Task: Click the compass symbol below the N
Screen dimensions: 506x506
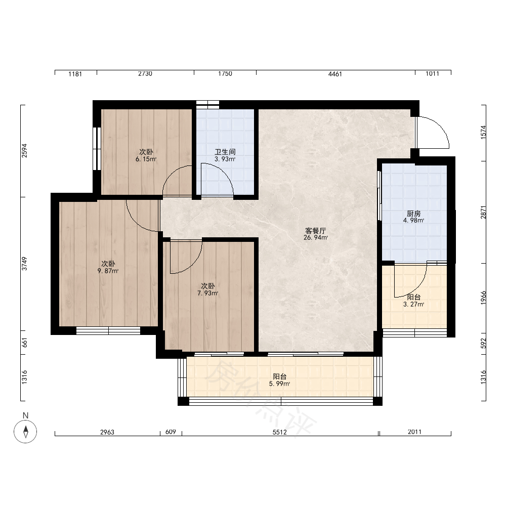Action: click(25, 432)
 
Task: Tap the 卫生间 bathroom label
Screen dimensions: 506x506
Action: click(225, 152)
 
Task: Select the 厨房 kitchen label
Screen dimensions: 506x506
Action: click(413, 214)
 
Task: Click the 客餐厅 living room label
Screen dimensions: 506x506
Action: click(316, 231)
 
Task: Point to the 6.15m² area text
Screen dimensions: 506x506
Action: click(146, 159)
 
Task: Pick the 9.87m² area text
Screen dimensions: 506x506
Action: click(108, 271)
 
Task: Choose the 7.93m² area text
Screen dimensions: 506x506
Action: click(208, 293)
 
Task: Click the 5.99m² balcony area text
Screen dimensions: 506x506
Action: click(279, 384)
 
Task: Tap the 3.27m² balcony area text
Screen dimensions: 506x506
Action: click(413, 304)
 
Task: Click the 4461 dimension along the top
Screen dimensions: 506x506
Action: click(335, 74)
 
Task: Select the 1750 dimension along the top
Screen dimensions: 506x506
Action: click(225, 73)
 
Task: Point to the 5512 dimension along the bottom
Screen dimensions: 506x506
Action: click(279, 432)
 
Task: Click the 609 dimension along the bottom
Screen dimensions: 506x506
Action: click(171, 432)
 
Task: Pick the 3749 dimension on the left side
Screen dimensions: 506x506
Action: click(24, 264)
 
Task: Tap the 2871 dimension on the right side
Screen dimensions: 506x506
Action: click(483, 213)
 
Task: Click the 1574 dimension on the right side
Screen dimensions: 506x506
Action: click(483, 132)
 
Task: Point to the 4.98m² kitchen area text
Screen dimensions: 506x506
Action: click(413, 221)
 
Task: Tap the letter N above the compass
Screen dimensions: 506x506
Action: click(25, 415)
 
